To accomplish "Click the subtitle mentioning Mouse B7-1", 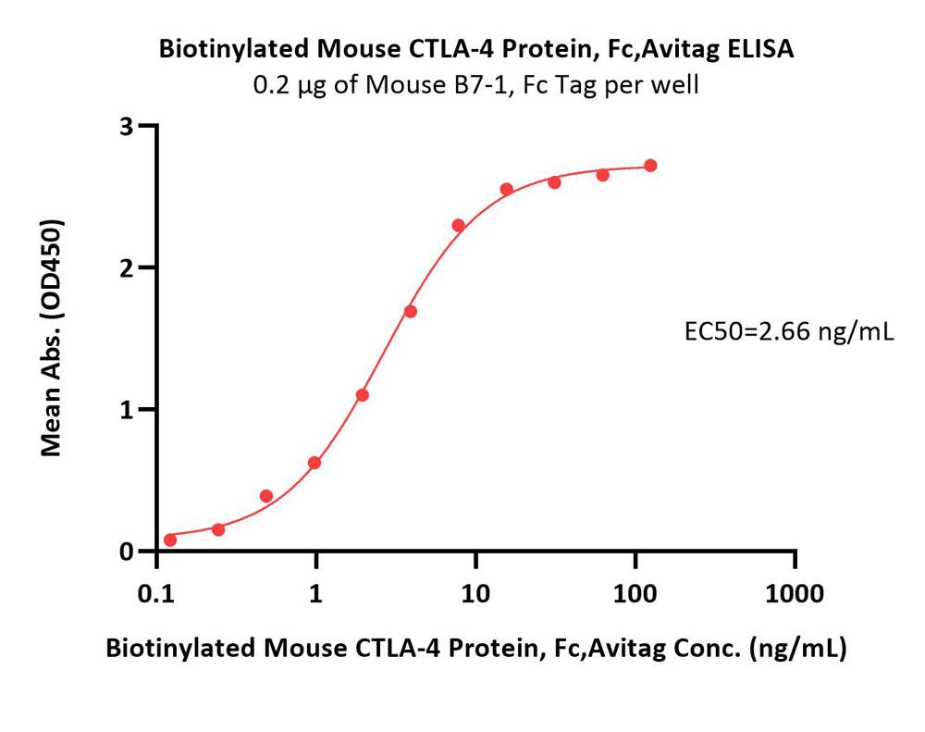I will (x=476, y=86).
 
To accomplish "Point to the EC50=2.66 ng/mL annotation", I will (x=787, y=330).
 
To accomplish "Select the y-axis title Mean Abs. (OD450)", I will (x=53, y=339).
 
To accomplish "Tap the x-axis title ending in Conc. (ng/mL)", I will (x=476, y=649).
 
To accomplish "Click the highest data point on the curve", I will (x=650, y=166).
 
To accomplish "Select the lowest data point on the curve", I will (x=170, y=540).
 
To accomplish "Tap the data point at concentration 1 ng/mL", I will (x=314, y=463).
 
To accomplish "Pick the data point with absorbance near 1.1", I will (x=363, y=395).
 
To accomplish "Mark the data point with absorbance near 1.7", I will (x=411, y=311).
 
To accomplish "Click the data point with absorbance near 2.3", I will (x=459, y=225).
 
